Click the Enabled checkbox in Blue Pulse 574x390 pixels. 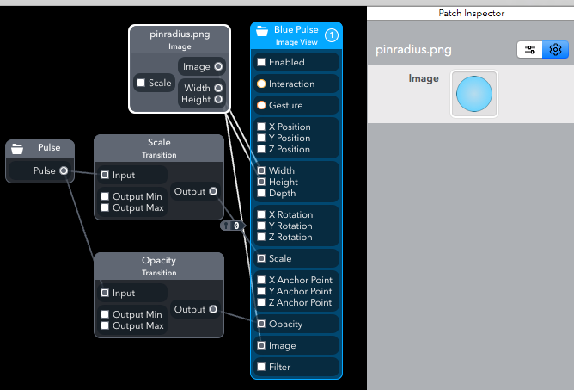click(261, 62)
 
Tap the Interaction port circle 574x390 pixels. click(261, 84)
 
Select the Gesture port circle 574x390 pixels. click(261, 105)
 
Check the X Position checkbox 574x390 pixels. click(261, 127)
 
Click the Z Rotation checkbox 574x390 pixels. click(261, 237)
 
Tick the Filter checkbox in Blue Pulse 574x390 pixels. click(261, 367)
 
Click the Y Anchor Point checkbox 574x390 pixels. click(261, 291)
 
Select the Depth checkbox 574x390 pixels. click(261, 193)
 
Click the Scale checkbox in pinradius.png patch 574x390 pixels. click(141, 84)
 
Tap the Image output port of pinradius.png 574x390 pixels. click(218, 66)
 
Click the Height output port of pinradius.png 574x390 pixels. click(218, 99)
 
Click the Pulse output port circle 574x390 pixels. click(64, 170)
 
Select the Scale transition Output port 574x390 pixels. click(213, 191)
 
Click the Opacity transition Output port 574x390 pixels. click(213, 309)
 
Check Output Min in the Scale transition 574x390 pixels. click(105, 196)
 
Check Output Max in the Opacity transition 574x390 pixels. click(105, 325)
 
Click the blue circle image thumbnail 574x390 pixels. click(473, 93)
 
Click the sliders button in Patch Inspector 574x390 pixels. click(529, 50)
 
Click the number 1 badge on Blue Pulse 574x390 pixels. click(332, 35)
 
